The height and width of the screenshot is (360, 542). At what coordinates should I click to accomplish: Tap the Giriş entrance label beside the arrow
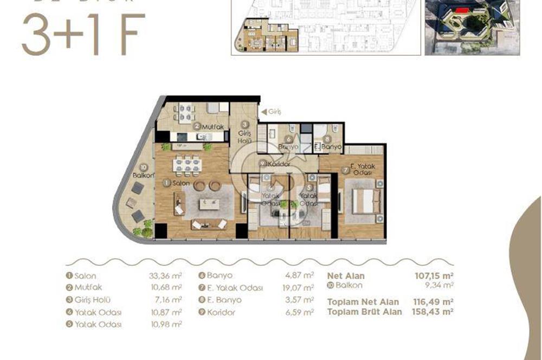click(275, 112)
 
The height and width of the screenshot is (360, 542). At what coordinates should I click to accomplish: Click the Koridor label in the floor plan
click(279, 164)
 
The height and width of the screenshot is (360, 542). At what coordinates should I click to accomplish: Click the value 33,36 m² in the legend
click(164, 276)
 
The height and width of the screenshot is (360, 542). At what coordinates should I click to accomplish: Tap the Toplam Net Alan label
click(363, 302)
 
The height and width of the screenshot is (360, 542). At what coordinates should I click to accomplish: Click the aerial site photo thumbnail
click(472, 27)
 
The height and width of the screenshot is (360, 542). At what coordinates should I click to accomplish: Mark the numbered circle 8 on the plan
click(327, 139)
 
